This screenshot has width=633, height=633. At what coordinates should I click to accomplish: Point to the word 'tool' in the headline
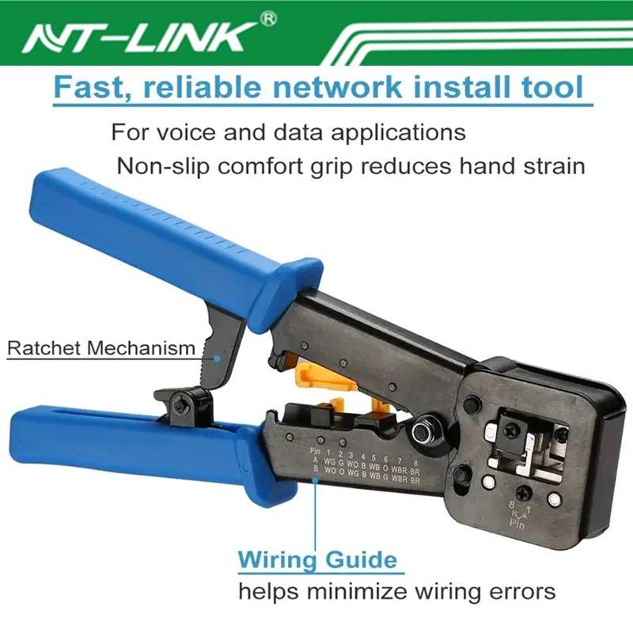point(555,86)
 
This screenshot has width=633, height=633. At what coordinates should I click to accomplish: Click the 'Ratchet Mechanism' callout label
point(100,347)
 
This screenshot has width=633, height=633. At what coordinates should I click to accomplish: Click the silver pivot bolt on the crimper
point(418,430)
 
